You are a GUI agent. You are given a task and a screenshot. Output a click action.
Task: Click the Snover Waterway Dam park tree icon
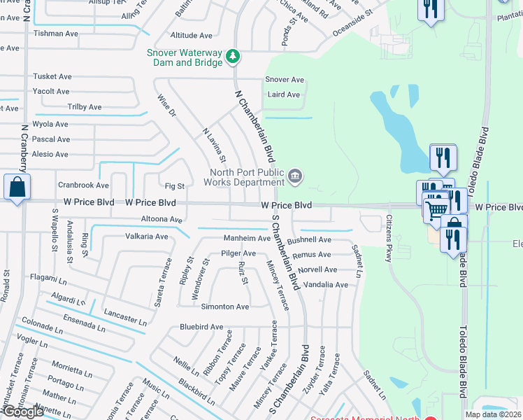point(234,56)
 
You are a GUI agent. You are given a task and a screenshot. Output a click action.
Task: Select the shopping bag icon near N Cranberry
point(17,188)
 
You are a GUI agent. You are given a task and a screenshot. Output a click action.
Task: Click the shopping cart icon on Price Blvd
point(437,208)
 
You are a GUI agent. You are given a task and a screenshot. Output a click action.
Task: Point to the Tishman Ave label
point(56,34)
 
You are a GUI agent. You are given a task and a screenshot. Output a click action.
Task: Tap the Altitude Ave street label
point(191,35)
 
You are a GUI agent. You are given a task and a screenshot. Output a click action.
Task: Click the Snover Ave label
point(285,80)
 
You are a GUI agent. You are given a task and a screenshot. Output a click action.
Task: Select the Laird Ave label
point(283,94)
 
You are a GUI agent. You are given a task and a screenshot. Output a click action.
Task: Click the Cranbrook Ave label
point(83,185)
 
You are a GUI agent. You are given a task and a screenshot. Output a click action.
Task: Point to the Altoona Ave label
point(162,219)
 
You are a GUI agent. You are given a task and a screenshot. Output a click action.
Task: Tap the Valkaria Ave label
point(147,237)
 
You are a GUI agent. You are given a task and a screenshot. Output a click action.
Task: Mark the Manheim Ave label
point(246,238)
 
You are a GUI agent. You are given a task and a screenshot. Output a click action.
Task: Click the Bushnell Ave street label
point(309,239)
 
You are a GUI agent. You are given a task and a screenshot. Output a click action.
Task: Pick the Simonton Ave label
point(225,307)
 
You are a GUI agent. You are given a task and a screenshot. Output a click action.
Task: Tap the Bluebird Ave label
point(201,327)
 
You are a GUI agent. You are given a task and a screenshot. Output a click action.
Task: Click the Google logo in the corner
point(23,412)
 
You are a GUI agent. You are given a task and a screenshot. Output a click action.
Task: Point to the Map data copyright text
point(493,414)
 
